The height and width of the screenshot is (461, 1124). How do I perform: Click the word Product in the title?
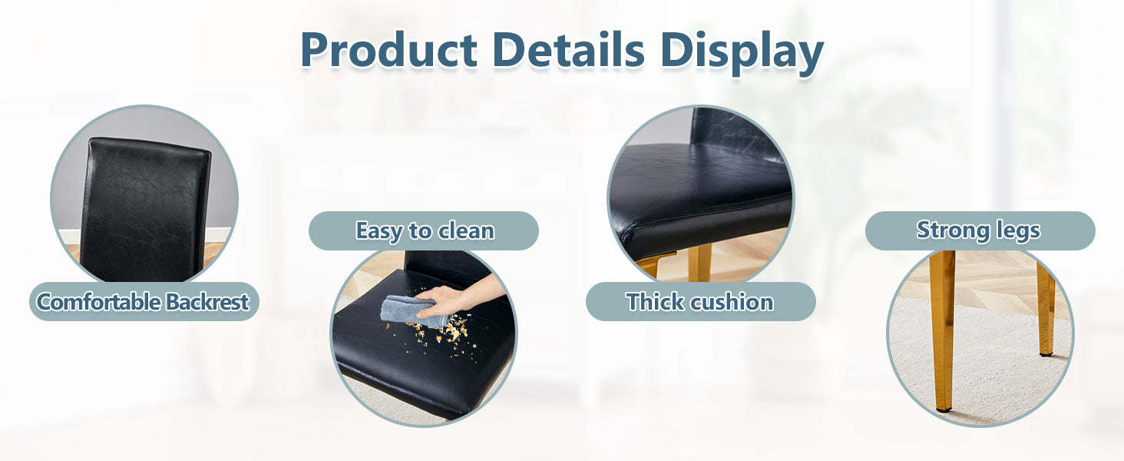(389, 49)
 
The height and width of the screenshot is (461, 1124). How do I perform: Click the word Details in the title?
(568, 49)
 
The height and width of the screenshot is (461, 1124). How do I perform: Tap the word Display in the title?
(742, 52)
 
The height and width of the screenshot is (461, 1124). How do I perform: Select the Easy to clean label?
(424, 230)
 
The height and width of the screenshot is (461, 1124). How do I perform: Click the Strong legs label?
(980, 230)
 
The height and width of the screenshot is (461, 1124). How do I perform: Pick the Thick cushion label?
(700, 301)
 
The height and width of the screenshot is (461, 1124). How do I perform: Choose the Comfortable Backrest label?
(144, 301)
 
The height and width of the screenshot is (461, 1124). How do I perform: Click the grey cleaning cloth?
(408, 311)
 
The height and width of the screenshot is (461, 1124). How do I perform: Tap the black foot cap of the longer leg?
(944, 410)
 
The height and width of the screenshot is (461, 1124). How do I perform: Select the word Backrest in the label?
(207, 302)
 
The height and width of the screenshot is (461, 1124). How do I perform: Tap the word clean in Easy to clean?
(466, 231)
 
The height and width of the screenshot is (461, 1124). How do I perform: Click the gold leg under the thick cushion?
(699, 262)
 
